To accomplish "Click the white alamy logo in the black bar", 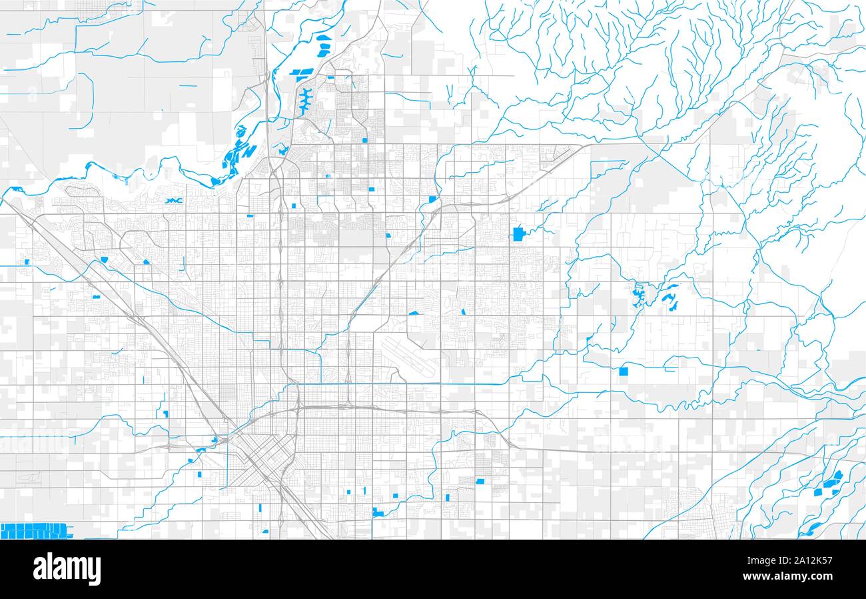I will coord(67,569).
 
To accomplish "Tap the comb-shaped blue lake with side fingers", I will coord(306,100).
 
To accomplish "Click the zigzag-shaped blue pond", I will coord(175,200).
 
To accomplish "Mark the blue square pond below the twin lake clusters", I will coord(624,372).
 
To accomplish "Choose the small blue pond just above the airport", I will coord(414,312).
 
